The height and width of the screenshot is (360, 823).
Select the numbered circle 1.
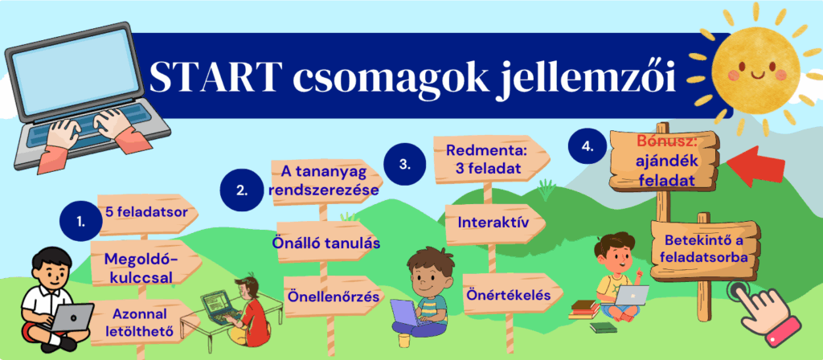80,222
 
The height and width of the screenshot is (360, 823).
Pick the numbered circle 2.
241,190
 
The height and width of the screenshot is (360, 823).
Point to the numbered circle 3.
405,164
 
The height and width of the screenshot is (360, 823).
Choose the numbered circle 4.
588,148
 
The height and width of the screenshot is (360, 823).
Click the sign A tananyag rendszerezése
325,182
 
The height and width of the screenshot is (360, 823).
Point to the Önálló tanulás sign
326,243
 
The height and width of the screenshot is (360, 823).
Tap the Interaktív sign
493,223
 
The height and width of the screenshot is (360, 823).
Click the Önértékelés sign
509,296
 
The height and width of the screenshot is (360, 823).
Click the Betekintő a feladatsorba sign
704,250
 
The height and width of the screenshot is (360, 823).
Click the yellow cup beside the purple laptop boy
403,340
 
